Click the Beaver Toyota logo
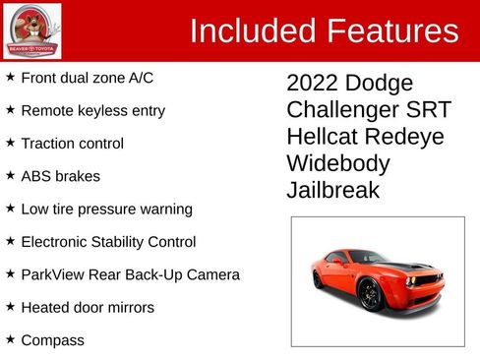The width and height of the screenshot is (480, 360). pyautogui.click(x=31, y=30)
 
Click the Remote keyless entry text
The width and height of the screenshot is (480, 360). pyautogui.click(x=92, y=110)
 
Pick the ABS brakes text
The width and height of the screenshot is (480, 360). pyautogui.click(x=60, y=177)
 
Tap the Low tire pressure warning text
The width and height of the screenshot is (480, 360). pyautogui.click(x=106, y=210)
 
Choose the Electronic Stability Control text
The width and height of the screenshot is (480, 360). pyautogui.click(x=108, y=242)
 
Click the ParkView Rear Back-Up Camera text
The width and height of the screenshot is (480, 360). pyautogui.click(x=130, y=274)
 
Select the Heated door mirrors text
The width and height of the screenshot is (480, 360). pyautogui.click(x=88, y=308)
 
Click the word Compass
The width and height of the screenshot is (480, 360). pyautogui.click(x=52, y=340)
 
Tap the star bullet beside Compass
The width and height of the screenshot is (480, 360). pyautogui.click(x=10, y=339)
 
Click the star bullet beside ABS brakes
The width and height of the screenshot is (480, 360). pyautogui.click(x=10, y=175)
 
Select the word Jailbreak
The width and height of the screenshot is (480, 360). pyautogui.click(x=332, y=190)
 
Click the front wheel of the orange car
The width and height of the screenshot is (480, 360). pyautogui.click(x=371, y=293)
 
